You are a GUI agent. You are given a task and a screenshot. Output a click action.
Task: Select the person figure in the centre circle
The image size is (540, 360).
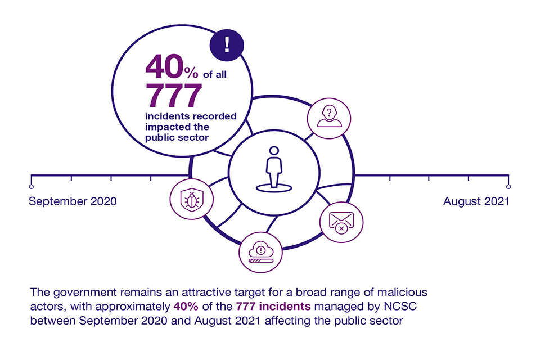point(274,166)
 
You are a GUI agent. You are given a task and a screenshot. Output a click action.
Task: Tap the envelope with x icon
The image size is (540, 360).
point(338,221)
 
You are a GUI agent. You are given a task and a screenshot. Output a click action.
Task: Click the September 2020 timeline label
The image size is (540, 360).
point(73,201)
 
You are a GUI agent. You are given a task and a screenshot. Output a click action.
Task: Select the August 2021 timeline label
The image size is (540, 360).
point(476,201)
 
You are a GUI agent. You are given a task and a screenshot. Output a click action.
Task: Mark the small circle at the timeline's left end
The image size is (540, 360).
point(31,186)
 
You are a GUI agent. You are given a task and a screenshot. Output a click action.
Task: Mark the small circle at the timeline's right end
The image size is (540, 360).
point(508,186)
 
